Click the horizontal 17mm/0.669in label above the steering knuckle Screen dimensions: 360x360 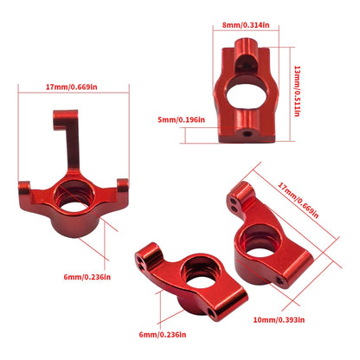click(x=73, y=87)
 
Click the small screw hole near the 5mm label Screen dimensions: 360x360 click(x=249, y=134)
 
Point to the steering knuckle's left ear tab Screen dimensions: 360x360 click(x=23, y=186)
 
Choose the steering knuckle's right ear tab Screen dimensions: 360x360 click(x=122, y=183)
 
